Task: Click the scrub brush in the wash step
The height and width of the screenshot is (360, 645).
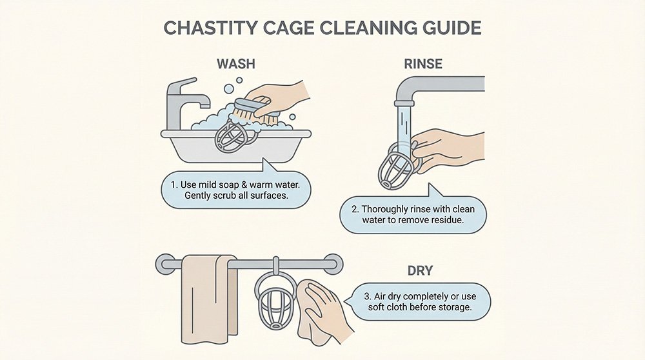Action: point(255,110)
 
